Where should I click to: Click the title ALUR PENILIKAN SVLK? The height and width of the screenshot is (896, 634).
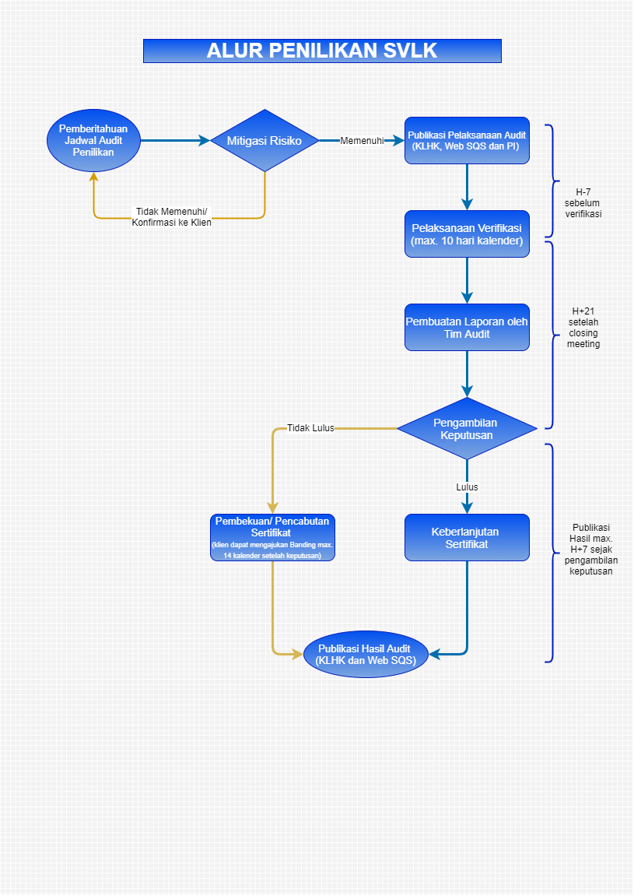click(322, 51)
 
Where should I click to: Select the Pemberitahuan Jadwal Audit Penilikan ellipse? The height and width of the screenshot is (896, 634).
click(93, 141)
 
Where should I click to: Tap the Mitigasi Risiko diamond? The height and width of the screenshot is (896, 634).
click(264, 141)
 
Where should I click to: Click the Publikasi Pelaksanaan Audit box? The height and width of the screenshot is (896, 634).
click(468, 141)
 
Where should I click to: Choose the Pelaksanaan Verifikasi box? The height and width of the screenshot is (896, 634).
click(468, 234)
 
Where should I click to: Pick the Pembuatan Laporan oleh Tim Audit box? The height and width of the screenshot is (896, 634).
click(468, 328)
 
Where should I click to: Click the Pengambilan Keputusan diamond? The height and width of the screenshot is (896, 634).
click(467, 429)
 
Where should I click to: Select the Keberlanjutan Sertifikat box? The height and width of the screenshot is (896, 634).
click(468, 538)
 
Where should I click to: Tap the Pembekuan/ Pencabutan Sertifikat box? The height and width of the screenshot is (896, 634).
click(272, 538)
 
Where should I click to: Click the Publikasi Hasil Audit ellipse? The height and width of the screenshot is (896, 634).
click(366, 654)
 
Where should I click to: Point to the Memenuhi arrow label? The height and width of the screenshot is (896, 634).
click(363, 141)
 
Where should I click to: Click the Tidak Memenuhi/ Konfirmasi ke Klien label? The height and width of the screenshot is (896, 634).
click(171, 217)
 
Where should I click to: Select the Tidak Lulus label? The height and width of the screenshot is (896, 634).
click(310, 428)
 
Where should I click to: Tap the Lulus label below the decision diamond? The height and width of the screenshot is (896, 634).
click(468, 487)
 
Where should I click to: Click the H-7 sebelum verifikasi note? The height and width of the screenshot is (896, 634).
click(583, 203)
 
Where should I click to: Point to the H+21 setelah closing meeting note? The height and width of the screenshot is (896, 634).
click(583, 328)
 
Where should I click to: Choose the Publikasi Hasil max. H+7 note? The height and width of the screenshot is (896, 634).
click(591, 549)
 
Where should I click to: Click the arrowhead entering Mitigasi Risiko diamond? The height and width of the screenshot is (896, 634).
click(205, 141)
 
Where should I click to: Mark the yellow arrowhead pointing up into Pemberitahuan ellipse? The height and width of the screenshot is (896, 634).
click(93, 177)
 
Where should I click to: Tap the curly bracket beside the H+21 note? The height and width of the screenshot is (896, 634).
click(553, 335)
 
